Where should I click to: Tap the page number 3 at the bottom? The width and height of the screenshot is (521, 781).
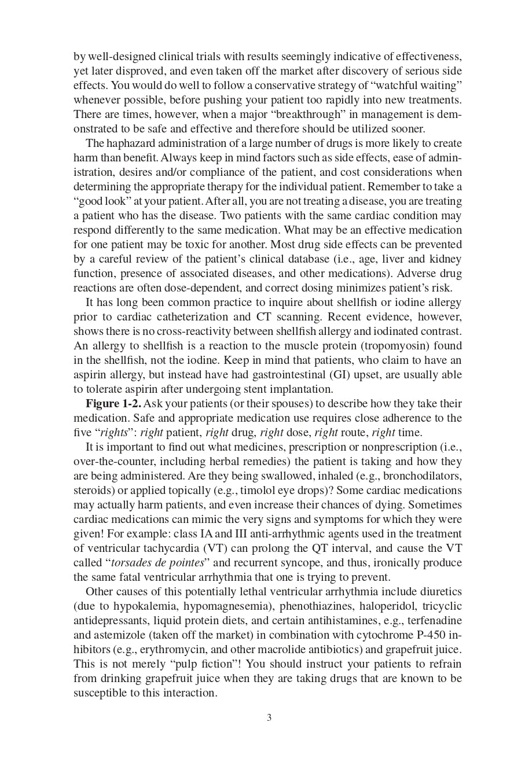click(x=269, y=718)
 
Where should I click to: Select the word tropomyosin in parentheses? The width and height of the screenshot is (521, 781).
click(x=383, y=346)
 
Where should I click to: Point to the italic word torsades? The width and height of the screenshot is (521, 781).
click(x=132, y=563)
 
